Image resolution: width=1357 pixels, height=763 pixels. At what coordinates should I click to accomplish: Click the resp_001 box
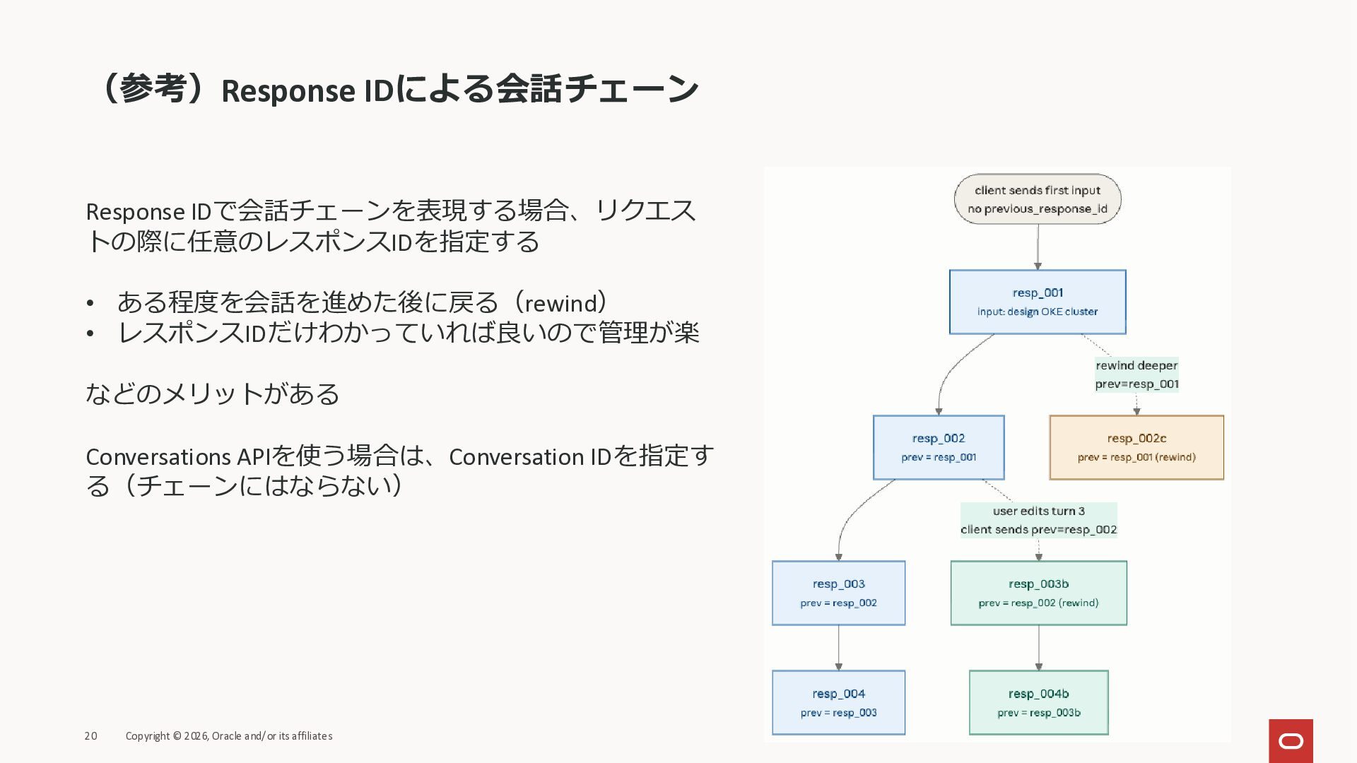tap(1037, 302)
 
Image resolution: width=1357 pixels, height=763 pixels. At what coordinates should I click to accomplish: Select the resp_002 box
tap(938, 447)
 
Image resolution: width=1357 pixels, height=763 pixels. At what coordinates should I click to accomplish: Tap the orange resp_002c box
tap(1136, 447)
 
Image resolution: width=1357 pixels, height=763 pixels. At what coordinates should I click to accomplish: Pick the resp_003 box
tap(838, 593)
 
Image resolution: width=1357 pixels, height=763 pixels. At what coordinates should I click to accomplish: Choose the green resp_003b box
tap(1038, 593)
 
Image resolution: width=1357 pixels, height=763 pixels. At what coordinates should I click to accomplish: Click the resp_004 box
tap(838, 702)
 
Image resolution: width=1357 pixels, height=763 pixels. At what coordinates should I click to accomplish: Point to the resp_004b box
tap(1038, 702)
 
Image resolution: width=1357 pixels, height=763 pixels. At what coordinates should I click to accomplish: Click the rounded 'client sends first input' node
tap(1037, 199)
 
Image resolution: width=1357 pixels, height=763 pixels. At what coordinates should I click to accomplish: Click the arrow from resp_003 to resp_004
tap(839, 647)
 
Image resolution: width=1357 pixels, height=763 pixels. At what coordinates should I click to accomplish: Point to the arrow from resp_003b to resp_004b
tap(1038, 647)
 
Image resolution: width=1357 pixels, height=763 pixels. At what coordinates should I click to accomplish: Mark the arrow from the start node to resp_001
tap(1038, 247)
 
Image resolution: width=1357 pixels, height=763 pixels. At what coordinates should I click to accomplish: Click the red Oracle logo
tap(1291, 740)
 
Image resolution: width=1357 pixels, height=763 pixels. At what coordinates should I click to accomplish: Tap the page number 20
tap(90, 736)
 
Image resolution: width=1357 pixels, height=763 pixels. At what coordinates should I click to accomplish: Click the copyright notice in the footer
tap(228, 736)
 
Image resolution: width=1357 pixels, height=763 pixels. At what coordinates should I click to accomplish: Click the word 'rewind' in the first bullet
tap(561, 303)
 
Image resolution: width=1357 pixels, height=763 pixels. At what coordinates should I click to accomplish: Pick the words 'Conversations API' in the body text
tap(178, 457)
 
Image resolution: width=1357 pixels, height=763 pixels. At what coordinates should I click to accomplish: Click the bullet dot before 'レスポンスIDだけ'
tap(90, 333)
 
